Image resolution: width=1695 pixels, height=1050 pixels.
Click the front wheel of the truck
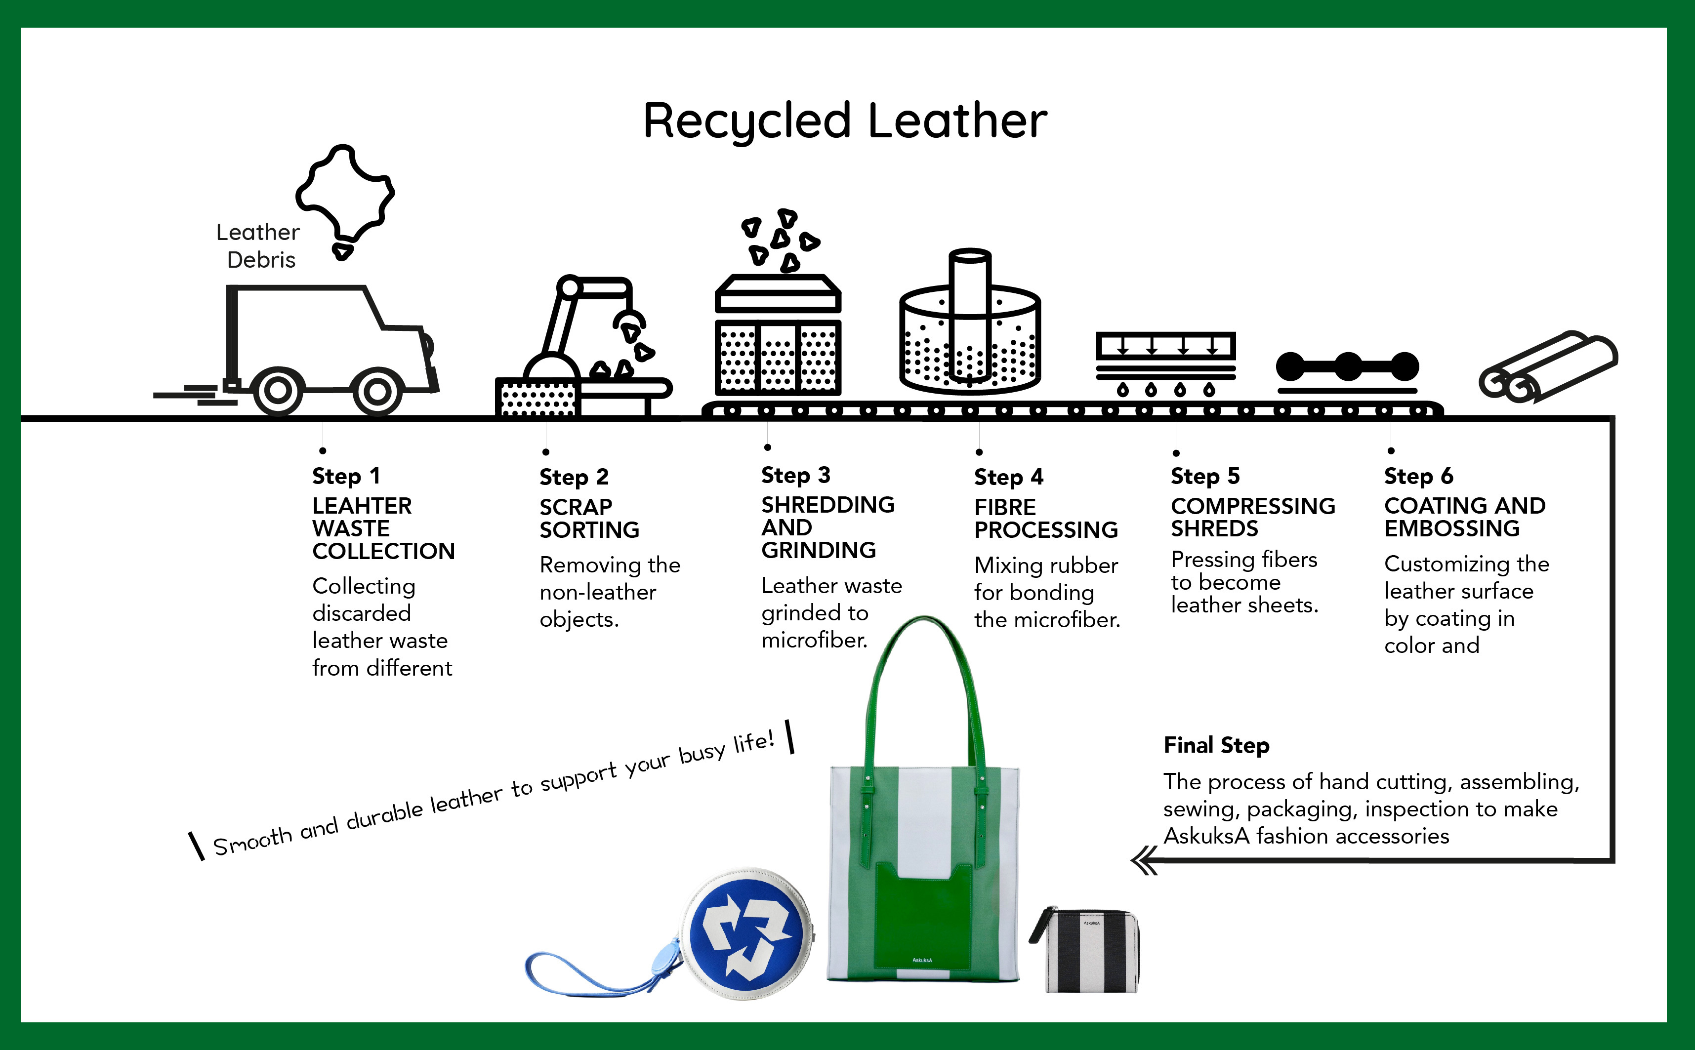(377, 391)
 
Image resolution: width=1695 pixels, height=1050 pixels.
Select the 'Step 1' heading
(346, 477)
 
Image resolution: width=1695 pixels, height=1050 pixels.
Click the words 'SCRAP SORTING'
(588, 518)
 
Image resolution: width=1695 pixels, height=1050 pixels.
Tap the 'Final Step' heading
(1216, 745)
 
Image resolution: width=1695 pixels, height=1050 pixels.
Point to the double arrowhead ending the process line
(1144, 862)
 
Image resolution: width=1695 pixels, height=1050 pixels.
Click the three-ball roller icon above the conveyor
(1347, 366)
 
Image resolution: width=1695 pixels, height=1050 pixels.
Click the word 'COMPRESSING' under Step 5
(1252, 506)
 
